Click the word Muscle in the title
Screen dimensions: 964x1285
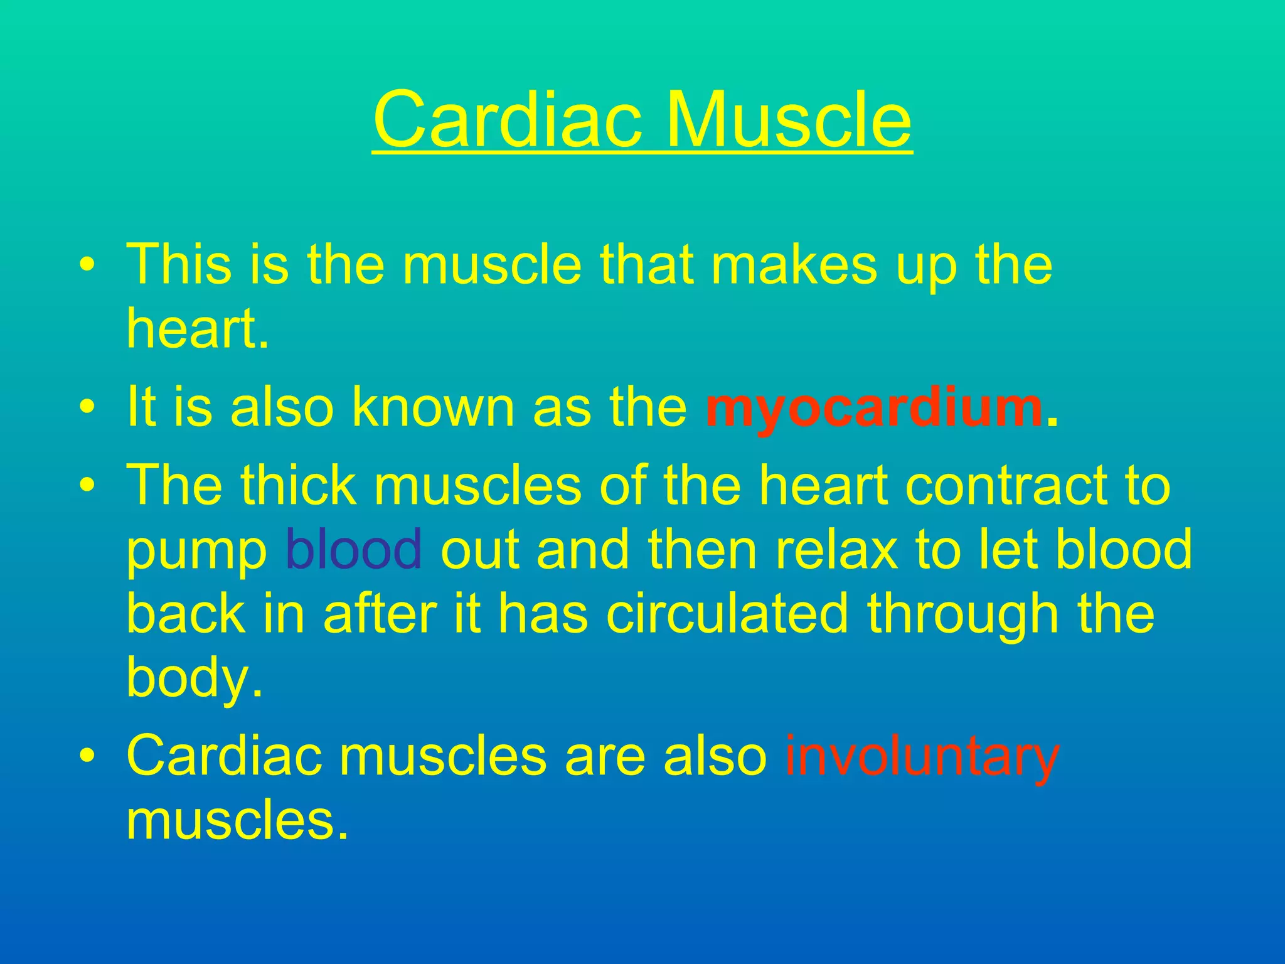pos(788,119)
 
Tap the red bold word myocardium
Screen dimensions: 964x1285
pos(874,409)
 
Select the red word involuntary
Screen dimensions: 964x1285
pos(922,757)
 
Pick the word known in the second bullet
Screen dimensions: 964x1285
pos(432,408)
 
